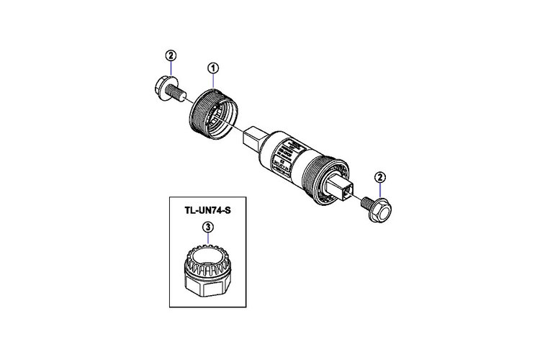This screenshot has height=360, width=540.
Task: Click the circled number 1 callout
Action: (213, 68)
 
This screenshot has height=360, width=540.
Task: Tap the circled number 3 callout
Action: (208, 228)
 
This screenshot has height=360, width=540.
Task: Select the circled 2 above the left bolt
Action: (170, 55)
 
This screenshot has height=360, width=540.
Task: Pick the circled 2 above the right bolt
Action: (380, 177)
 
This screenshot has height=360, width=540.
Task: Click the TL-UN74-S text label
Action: (208, 211)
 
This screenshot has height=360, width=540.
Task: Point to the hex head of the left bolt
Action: (163, 90)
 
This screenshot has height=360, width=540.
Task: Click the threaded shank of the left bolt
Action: (181, 94)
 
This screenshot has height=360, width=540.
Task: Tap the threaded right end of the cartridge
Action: (320, 178)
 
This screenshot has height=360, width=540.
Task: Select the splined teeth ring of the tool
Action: (208, 258)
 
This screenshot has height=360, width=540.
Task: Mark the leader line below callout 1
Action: (213, 81)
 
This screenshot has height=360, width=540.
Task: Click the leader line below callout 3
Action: (208, 240)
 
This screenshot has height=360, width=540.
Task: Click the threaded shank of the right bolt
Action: (364, 204)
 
